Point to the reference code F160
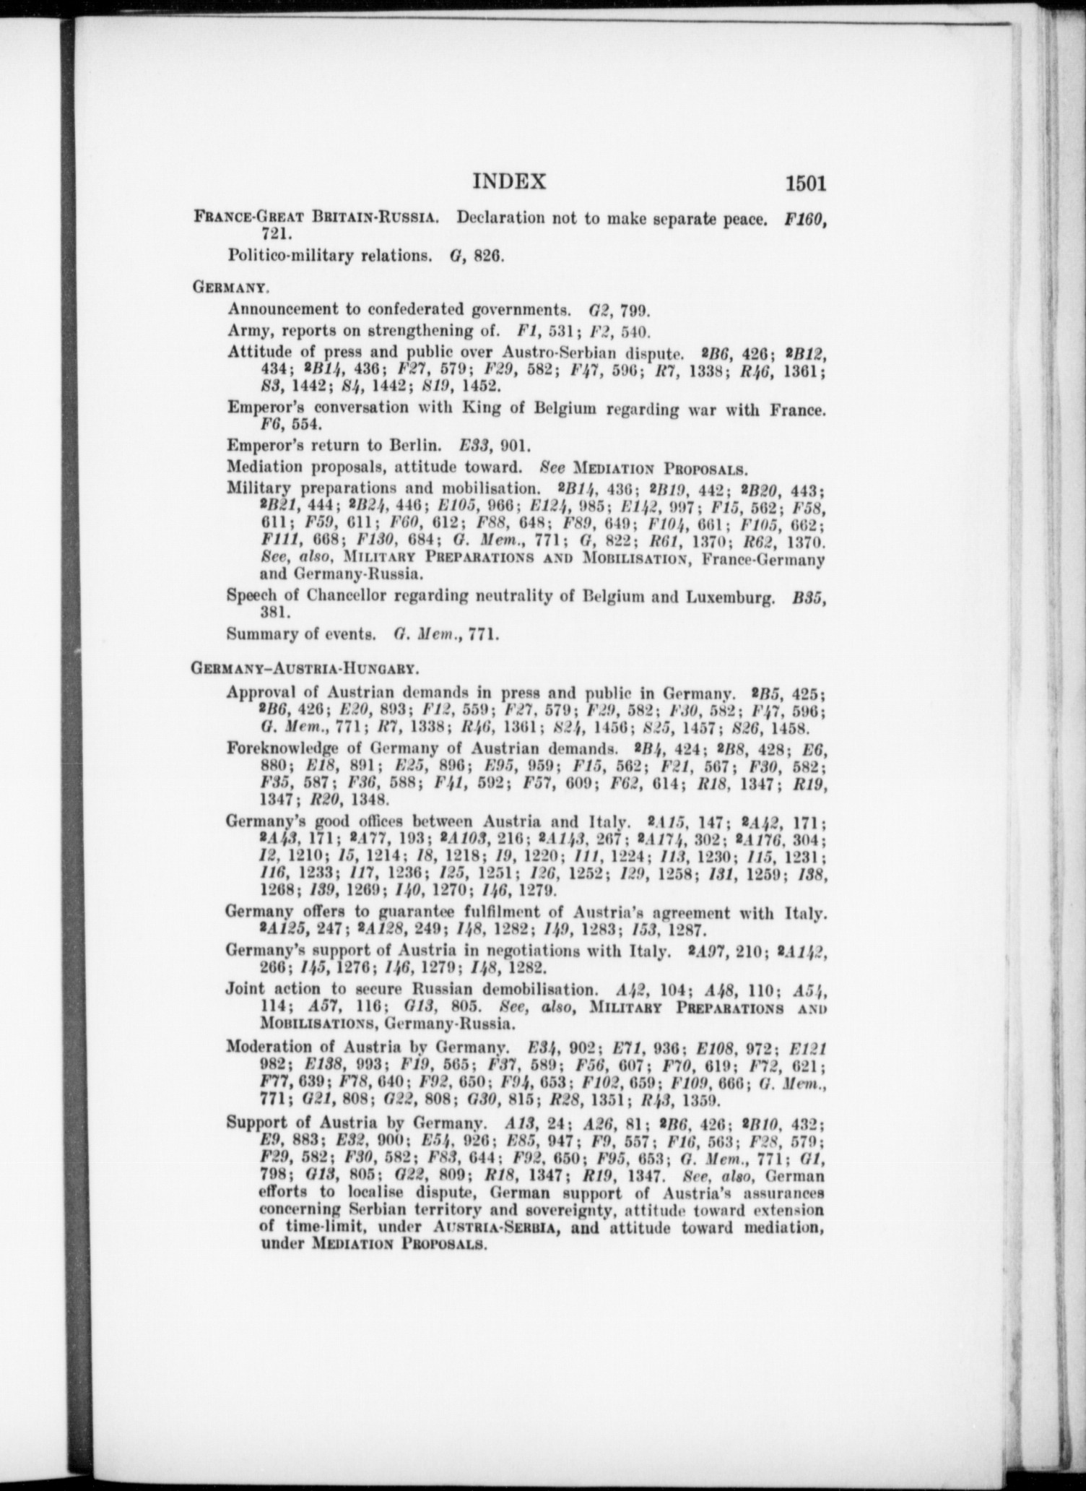(x=805, y=217)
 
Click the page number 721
(x=275, y=234)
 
